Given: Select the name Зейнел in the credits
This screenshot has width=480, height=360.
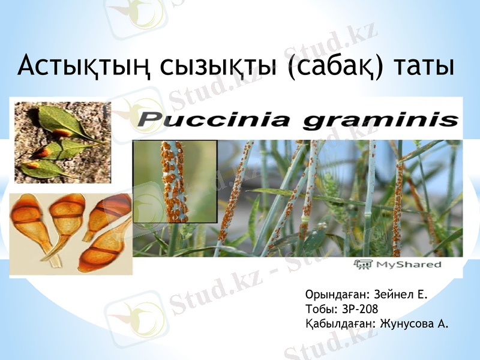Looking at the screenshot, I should (394, 295).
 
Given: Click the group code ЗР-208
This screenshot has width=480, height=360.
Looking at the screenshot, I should (359, 310).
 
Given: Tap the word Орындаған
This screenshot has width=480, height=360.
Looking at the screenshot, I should (337, 295).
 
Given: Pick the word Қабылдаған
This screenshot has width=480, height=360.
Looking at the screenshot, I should (339, 324).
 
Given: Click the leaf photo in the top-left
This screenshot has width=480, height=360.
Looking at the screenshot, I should (58, 142).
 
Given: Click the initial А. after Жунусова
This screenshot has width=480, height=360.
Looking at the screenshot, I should (443, 324).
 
